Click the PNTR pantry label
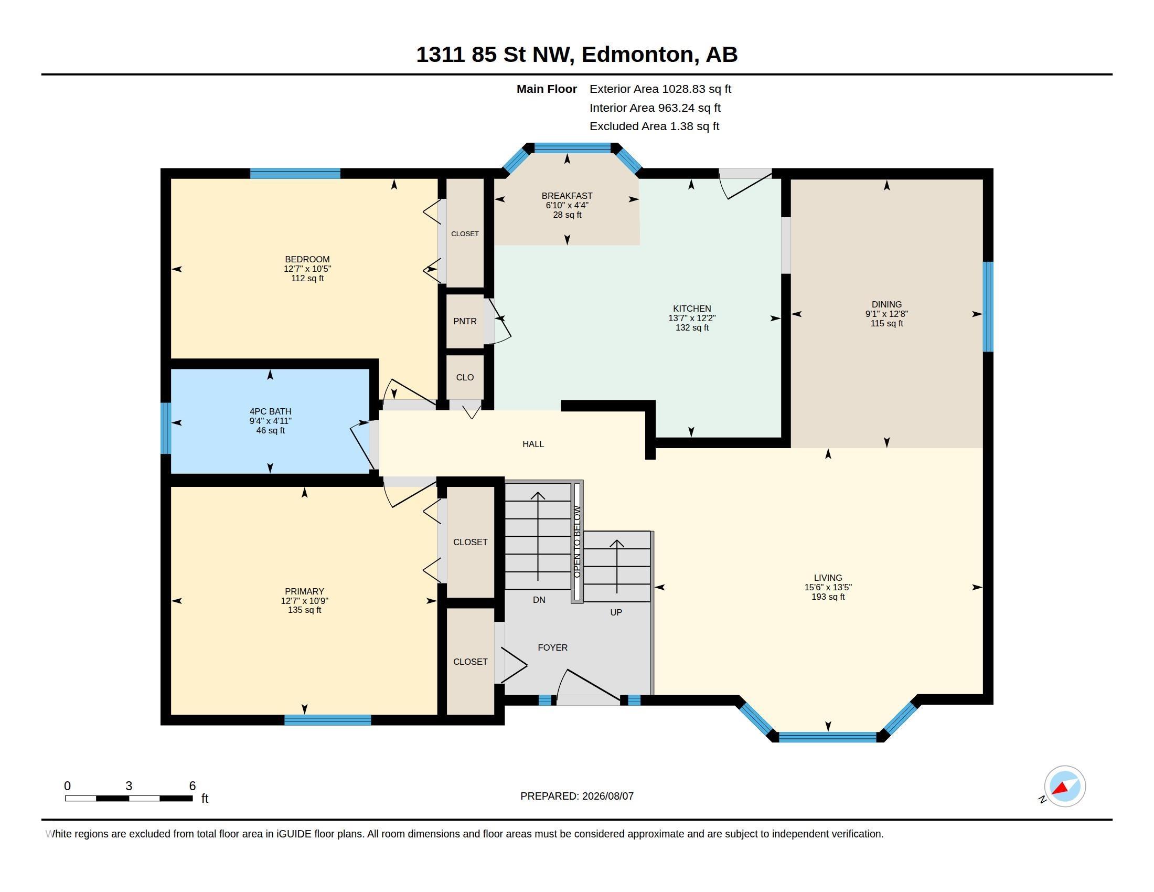(465, 321)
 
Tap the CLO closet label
(465, 377)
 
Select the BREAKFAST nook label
(567, 196)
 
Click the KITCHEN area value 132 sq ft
(692, 327)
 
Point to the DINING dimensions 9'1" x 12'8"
(886, 314)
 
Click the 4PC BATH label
(271, 412)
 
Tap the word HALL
(533, 444)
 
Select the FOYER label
(553, 647)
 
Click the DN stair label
(539, 600)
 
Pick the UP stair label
(616, 612)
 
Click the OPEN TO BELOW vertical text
(577, 541)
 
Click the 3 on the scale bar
(129, 786)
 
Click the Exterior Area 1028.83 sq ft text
(660, 89)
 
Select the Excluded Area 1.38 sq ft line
(655, 126)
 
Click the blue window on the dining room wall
(988, 306)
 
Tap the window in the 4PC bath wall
(166, 428)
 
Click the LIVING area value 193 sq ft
(828, 597)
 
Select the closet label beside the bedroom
(465, 233)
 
